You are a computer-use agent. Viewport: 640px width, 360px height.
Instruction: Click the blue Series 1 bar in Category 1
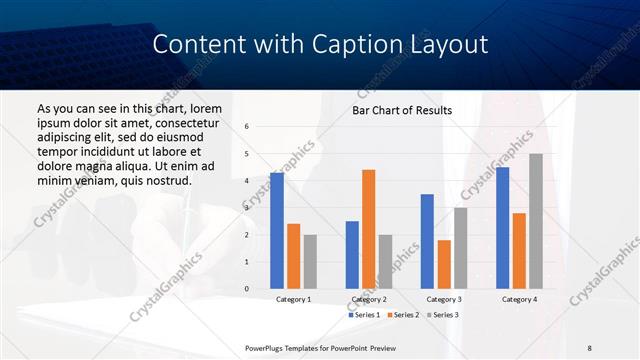[276, 231]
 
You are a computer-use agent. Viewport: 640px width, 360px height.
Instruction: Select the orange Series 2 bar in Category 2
[368, 229]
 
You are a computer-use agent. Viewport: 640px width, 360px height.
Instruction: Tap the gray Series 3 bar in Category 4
[536, 221]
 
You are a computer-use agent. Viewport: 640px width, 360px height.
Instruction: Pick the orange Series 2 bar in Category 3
[444, 264]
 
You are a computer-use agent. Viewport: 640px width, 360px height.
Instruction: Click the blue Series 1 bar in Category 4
[502, 228]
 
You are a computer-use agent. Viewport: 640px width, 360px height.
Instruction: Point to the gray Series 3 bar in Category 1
[310, 262]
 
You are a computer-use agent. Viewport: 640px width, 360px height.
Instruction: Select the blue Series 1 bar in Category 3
[427, 241]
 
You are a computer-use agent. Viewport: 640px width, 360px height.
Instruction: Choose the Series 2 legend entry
[402, 315]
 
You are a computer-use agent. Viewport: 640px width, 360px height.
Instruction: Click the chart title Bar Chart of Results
[402, 110]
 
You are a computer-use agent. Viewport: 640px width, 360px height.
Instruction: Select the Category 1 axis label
[293, 299]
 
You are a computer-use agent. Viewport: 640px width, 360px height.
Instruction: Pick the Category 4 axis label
[518, 299]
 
